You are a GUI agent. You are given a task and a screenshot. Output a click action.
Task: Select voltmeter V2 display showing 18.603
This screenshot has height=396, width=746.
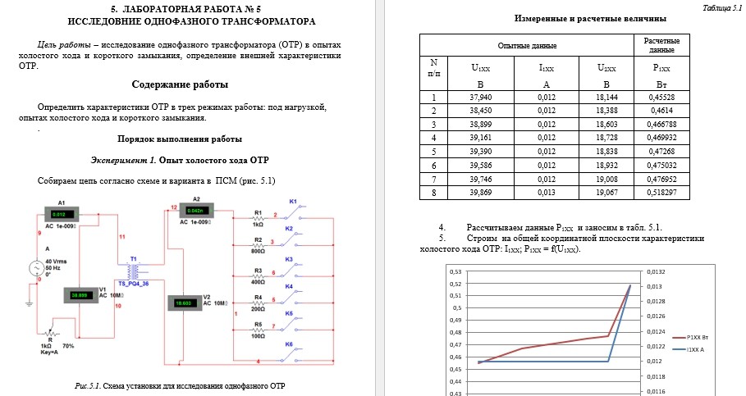[x=185, y=303]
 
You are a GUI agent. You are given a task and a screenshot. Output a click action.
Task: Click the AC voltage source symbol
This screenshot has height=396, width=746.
[x=36, y=267]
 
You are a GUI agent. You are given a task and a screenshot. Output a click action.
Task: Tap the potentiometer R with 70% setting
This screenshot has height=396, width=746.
[x=50, y=335]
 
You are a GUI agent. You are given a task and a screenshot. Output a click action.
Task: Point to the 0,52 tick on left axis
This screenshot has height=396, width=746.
[x=455, y=283]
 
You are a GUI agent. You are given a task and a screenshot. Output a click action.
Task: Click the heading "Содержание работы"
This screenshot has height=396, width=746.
[x=180, y=84]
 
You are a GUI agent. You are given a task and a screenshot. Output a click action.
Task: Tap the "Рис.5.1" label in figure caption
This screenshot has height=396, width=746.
[x=86, y=385]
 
